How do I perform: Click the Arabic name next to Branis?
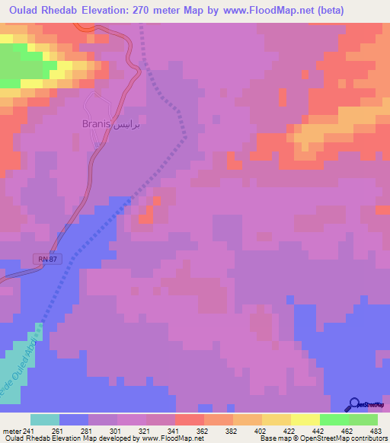pos(125,124)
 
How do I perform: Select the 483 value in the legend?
pos(376,431)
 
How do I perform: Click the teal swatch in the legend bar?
pos(45,419)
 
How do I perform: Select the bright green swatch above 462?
pos(334,419)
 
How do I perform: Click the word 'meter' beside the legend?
pos(11,431)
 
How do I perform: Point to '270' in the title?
pos(146,11)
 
